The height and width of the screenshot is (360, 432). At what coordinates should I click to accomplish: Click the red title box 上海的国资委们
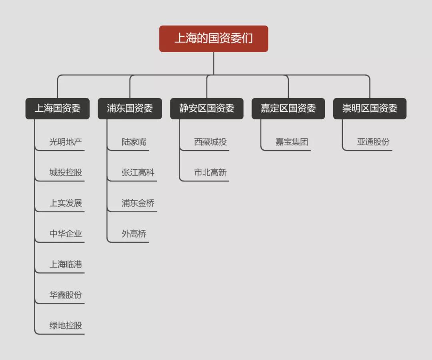[x=214, y=39]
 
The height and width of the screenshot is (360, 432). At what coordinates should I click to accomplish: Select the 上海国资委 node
[x=58, y=108]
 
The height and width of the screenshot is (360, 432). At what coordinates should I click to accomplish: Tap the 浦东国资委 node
[x=130, y=108]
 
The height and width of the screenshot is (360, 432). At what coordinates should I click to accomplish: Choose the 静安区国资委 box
[x=207, y=108]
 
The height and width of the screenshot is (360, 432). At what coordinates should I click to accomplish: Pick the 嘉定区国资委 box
[x=288, y=108]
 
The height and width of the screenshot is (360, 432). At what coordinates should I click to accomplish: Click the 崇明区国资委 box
[x=370, y=108]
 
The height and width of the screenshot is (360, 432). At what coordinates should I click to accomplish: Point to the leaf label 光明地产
[x=66, y=142]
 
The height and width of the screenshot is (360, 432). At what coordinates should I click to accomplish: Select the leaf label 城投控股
[x=66, y=173]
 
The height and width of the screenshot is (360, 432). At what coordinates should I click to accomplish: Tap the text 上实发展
[x=66, y=203]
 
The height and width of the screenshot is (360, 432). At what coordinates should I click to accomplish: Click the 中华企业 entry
[x=66, y=234]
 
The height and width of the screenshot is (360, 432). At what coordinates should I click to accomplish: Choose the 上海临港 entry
[x=66, y=264]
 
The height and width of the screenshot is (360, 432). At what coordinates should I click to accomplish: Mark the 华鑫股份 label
[x=66, y=295]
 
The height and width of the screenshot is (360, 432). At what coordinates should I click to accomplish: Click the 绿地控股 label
[x=66, y=326]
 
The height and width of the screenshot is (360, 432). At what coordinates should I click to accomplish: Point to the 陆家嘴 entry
[x=134, y=142]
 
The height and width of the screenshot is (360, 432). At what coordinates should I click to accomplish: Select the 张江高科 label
[x=138, y=173]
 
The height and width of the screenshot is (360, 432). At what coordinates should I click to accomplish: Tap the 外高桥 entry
[x=134, y=234]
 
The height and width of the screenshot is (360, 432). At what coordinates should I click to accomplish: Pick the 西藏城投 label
[x=210, y=142]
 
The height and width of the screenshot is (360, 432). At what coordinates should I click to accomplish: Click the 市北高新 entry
[x=210, y=173]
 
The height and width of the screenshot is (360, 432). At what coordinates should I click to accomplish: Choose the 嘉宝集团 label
[x=292, y=142]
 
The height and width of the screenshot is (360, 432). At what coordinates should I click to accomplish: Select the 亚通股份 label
[x=373, y=142]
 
